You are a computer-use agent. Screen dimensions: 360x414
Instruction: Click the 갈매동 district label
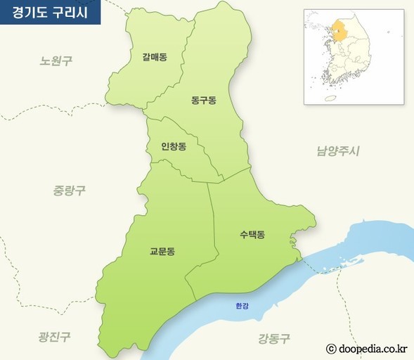click(154, 57)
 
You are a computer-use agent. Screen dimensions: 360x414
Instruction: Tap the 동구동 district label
click(203, 101)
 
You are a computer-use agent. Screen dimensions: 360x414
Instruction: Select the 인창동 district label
click(174, 147)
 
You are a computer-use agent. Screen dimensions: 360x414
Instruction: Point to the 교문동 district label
click(162, 250)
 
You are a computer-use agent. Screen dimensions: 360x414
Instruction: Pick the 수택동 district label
click(251, 234)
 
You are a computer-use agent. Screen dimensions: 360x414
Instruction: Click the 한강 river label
click(242, 306)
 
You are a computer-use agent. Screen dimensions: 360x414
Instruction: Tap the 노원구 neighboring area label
click(56, 61)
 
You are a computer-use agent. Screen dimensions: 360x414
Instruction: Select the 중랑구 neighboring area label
click(69, 190)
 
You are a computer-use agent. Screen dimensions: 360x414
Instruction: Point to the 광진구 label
click(54, 337)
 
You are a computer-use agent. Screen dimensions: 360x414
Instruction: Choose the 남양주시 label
click(337, 150)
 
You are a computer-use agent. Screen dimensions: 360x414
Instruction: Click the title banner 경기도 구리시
click(50, 13)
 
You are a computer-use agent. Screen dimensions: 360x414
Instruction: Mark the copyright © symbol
click(331, 347)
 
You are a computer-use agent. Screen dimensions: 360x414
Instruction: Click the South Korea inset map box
click(354, 56)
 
